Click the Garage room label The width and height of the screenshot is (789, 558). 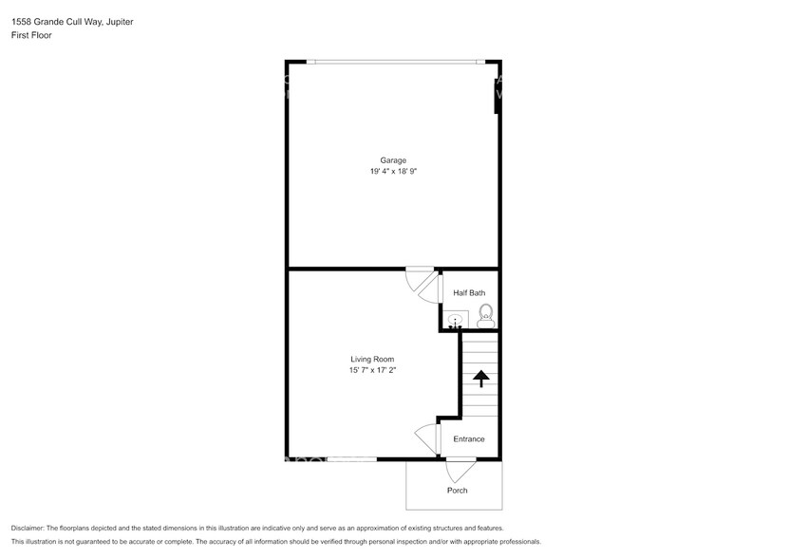(x=394, y=160)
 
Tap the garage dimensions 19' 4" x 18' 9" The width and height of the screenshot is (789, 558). (x=394, y=172)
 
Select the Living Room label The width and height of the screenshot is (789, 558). (x=372, y=359)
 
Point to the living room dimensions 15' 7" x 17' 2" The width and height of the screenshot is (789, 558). (x=372, y=370)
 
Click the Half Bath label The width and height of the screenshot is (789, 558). (x=469, y=293)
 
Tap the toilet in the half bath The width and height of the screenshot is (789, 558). (x=485, y=313)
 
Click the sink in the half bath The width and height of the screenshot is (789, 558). (x=456, y=321)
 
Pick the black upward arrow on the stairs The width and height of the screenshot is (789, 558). (x=480, y=379)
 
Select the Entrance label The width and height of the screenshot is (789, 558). (x=469, y=439)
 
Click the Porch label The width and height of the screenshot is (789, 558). (x=458, y=491)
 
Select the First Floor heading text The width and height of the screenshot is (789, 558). (x=30, y=34)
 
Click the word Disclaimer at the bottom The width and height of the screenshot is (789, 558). (x=31, y=529)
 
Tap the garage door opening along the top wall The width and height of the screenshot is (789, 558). (x=394, y=63)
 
